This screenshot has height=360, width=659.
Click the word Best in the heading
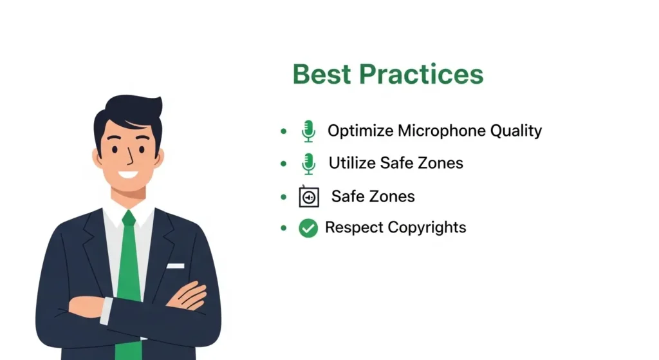322,74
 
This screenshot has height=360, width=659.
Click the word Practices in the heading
421,74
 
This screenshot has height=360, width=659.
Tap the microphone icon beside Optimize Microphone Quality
308,131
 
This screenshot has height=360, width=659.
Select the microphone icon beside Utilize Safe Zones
308,164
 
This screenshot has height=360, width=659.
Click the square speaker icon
309,196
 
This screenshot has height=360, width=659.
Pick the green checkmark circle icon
308,228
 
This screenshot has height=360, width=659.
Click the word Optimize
360,131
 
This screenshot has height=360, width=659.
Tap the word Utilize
352,163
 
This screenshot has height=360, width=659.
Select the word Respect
355,227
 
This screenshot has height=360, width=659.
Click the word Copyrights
427,227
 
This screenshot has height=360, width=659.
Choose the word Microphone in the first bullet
441,131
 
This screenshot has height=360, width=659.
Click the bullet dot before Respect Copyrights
284,228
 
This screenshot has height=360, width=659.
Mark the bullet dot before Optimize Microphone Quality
284,131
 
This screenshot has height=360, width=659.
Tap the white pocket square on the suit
176,266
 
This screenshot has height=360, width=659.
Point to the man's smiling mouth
128,174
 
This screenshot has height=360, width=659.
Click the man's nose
130,157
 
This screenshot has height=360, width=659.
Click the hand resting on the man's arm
187,295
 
